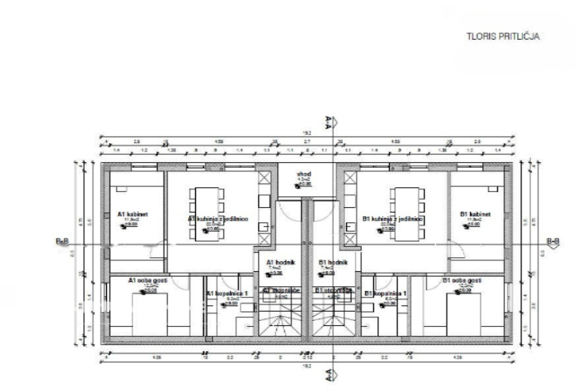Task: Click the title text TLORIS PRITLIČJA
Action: (502, 37)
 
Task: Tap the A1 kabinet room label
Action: (132, 214)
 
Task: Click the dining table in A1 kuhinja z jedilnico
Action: (207, 213)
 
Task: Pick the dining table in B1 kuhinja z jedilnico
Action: (404, 213)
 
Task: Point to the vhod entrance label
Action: (304, 175)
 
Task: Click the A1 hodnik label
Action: (280, 262)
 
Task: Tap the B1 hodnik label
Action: (330, 262)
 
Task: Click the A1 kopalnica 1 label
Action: (228, 294)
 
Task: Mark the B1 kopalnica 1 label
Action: (385, 294)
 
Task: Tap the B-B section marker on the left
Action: (63, 242)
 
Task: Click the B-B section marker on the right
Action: (553, 242)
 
